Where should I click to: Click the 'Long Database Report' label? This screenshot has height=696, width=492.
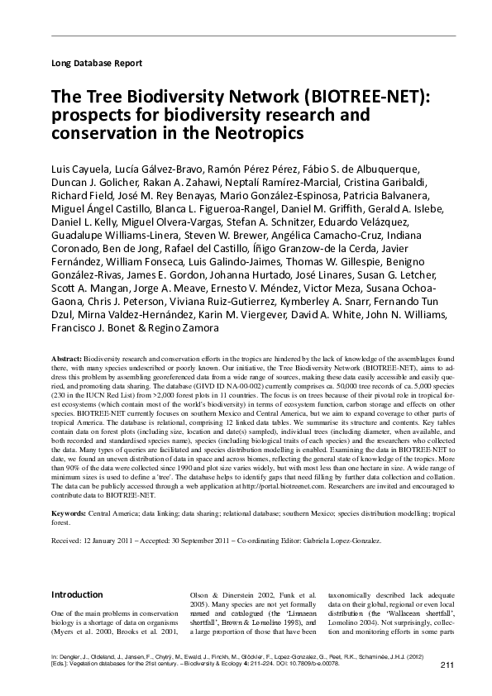click(x=97, y=63)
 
